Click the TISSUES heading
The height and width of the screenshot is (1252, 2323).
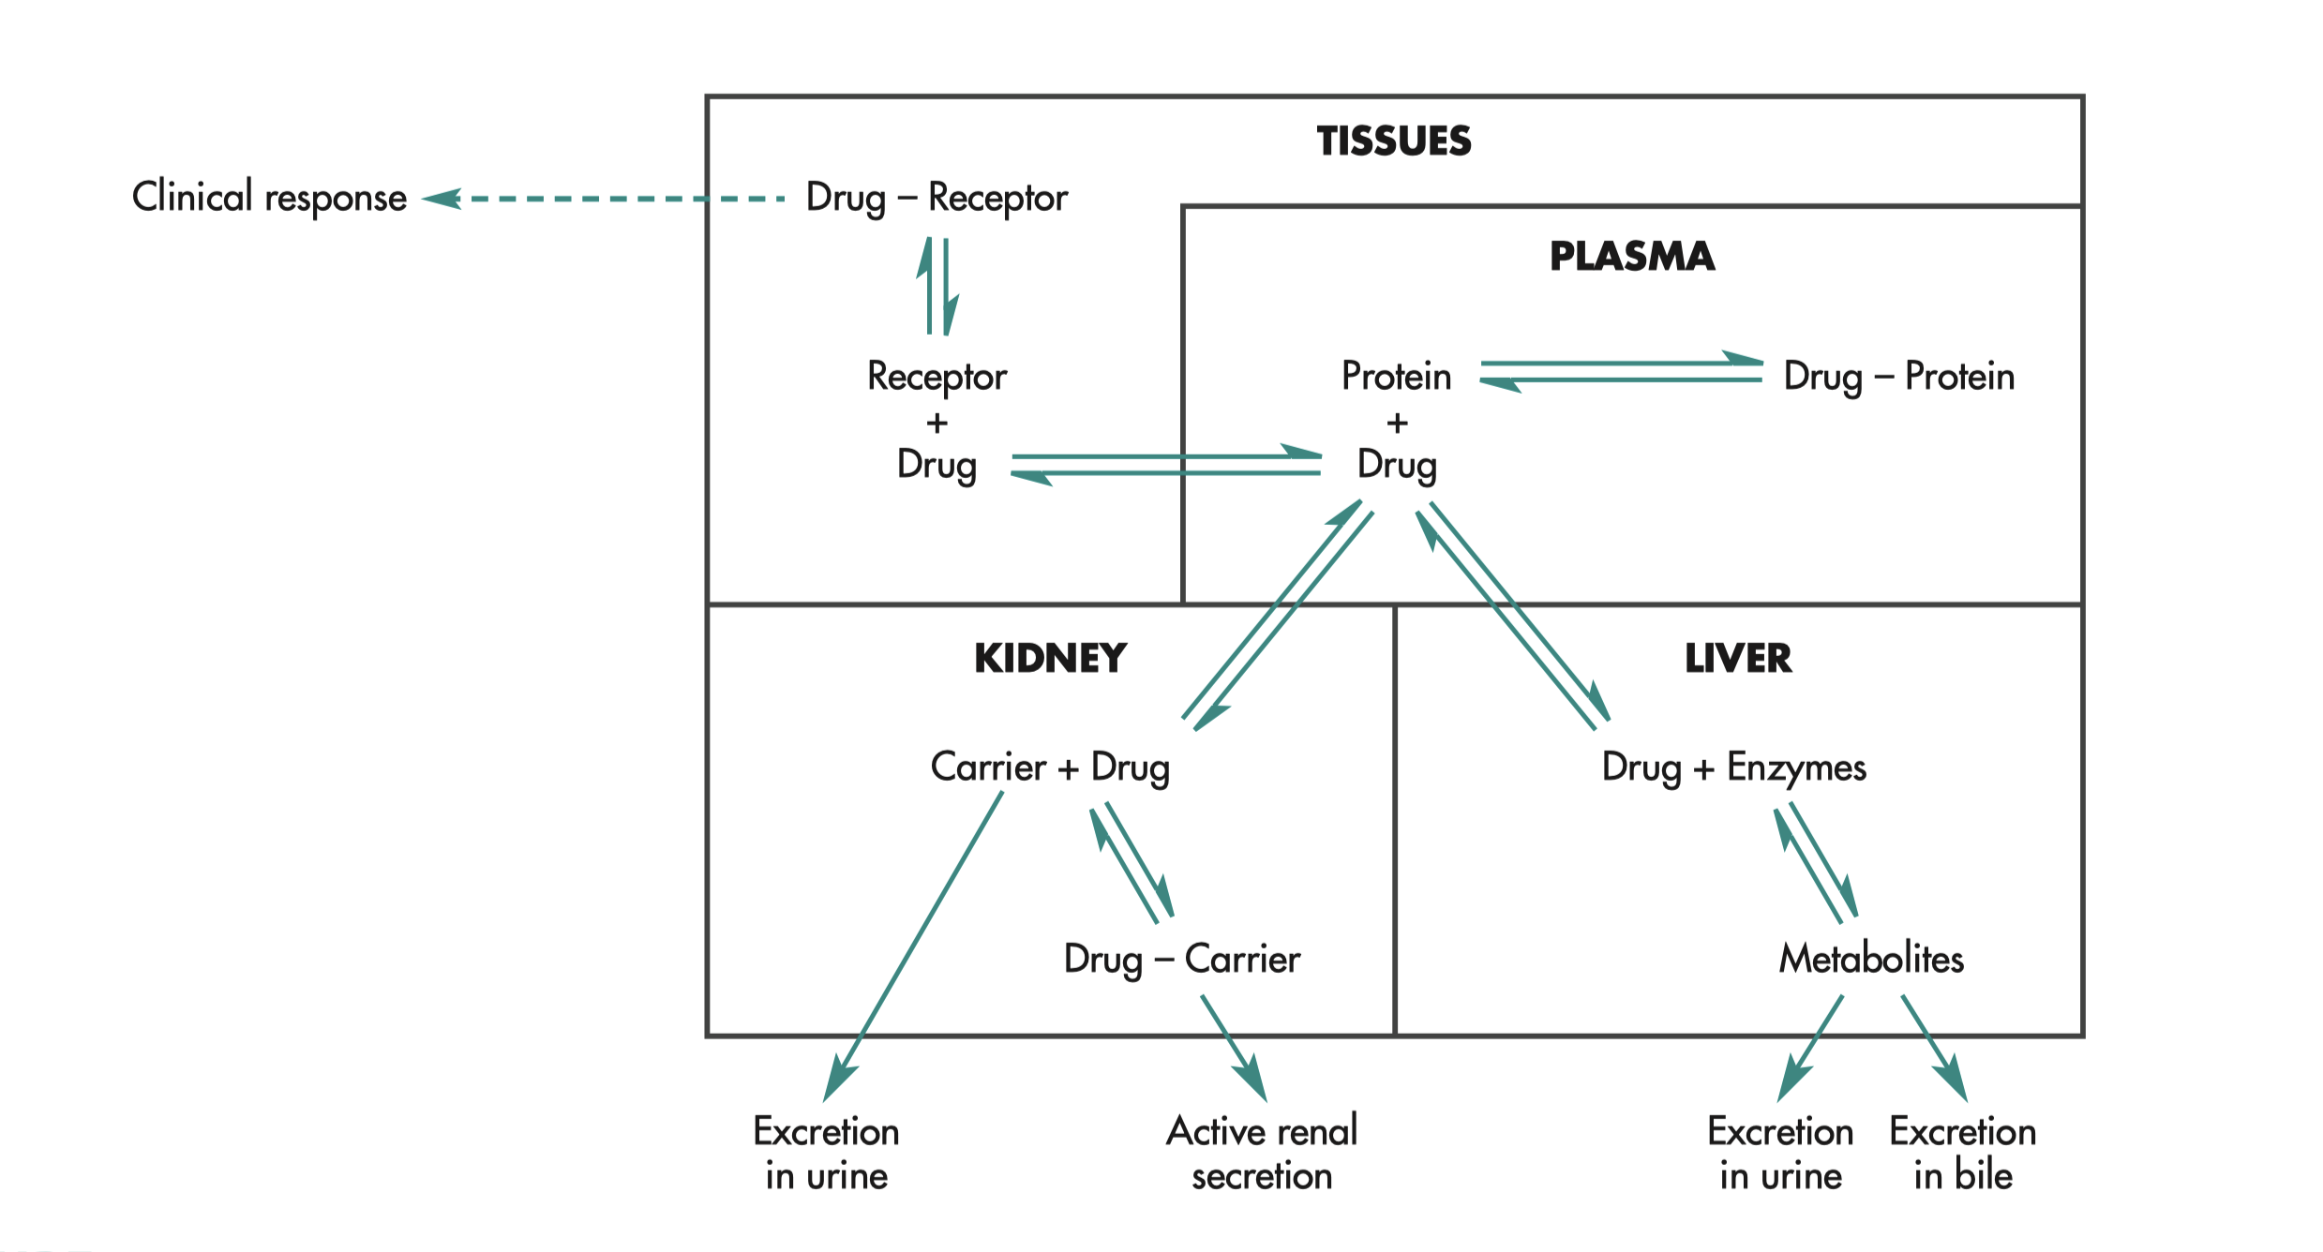coord(1394,142)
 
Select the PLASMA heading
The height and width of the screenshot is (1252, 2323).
coord(1632,257)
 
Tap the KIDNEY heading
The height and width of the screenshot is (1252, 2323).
coord(1050,659)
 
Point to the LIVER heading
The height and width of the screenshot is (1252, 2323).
coord(1738,659)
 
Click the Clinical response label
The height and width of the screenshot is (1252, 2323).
coord(269,198)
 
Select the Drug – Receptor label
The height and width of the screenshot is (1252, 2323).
coord(937,199)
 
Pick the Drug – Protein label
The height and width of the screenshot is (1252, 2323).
coord(1898,377)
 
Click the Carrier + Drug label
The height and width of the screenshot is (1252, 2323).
coord(1050,768)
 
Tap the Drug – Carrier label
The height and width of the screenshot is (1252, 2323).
coord(1181,960)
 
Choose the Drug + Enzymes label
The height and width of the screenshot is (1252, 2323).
coord(1733,768)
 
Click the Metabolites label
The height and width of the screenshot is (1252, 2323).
coord(1871,960)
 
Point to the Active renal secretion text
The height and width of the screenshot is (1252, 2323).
coord(1262,1154)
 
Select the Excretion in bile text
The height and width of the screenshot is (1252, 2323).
coord(1963,1154)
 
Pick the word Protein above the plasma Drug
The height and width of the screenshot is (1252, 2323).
coord(1396,377)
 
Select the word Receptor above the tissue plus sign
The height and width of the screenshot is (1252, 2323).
coord(937,377)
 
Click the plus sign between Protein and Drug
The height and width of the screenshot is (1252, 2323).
coord(1397,424)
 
